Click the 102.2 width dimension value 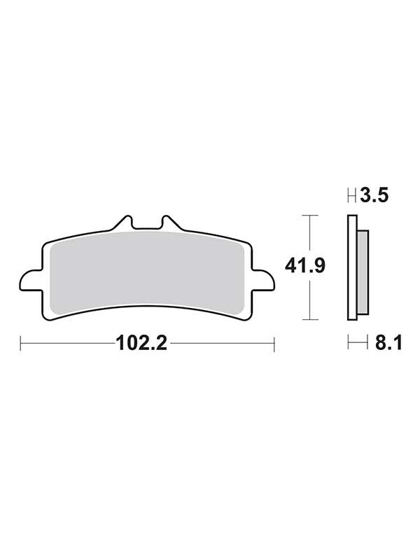click(141, 343)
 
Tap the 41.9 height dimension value click(305, 266)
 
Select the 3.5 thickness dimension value click(374, 195)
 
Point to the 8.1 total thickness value click(388, 343)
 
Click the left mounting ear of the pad click(31, 281)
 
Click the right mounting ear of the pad click(263, 281)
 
